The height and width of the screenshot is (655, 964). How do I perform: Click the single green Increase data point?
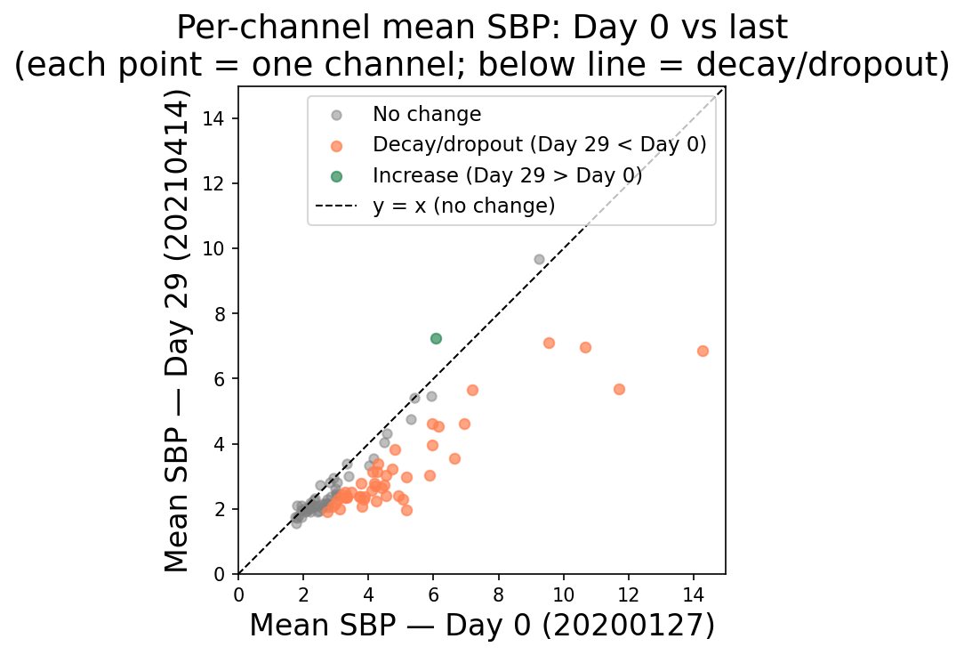(x=436, y=338)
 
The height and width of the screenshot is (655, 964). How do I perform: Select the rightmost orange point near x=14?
(x=703, y=351)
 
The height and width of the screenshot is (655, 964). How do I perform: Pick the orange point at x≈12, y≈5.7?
(x=619, y=389)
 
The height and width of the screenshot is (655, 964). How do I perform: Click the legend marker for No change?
(x=336, y=115)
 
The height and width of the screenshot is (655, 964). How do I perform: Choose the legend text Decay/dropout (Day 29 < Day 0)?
(x=540, y=145)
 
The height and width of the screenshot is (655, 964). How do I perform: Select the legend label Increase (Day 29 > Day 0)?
(x=507, y=175)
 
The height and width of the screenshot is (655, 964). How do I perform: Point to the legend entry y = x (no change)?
(x=464, y=206)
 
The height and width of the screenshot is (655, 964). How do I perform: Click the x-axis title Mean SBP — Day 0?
(x=481, y=626)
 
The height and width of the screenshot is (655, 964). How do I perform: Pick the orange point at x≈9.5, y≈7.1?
(x=549, y=343)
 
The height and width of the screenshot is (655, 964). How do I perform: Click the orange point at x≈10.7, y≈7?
(x=585, y=347)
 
